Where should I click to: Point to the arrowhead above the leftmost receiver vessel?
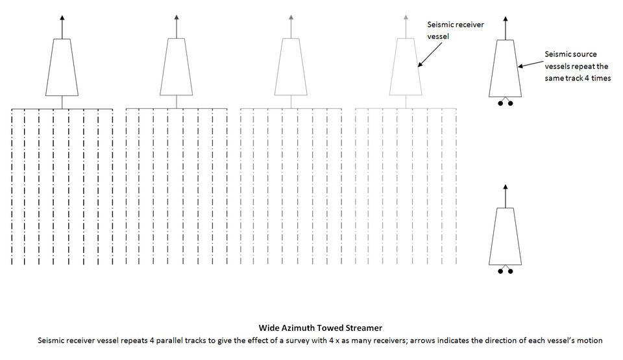pos(62,18)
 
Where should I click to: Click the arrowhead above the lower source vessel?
pos(506,186)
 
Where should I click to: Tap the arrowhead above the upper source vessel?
pos(506,19)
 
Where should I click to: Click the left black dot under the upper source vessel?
pos(500,103)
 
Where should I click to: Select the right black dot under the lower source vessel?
pos(511,271)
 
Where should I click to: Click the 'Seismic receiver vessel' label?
pos(456,30)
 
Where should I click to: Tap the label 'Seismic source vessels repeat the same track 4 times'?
pos(578,66)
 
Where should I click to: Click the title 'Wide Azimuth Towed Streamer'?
pos(320,328)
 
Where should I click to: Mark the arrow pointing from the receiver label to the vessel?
pos(430,54)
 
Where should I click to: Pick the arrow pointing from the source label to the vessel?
pos(530,64)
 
